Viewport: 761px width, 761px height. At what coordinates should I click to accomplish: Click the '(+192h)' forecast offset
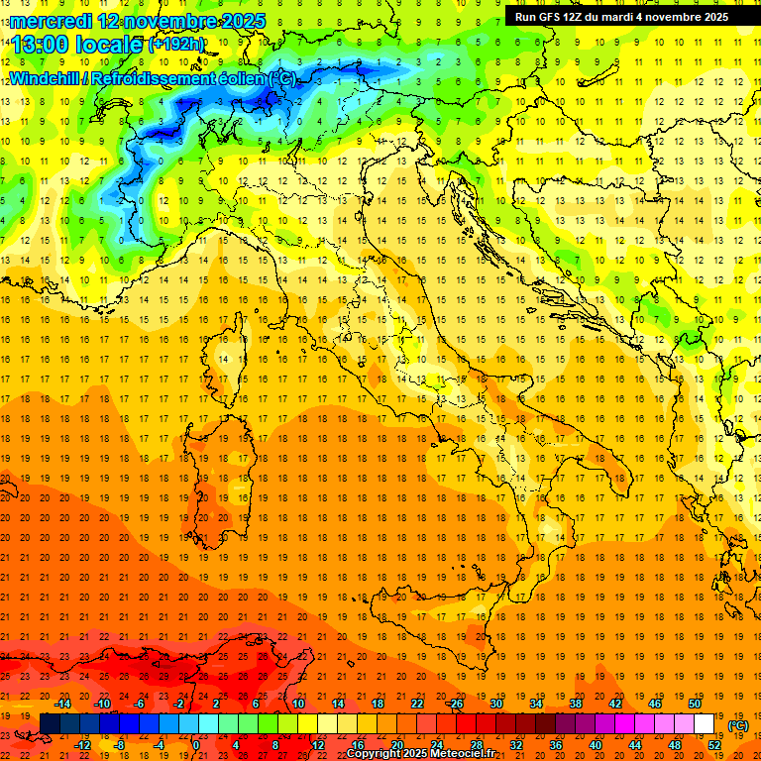coord(175,44)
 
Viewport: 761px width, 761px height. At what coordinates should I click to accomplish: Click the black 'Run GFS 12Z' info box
coord(620,16)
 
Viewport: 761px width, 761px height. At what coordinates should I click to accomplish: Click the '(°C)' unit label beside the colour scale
coord(738,725)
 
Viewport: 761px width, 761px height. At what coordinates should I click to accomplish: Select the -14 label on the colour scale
coord(63,703)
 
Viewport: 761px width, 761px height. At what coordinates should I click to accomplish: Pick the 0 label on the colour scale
coord(195,745)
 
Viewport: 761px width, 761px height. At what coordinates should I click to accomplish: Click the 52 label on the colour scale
coord(713,745)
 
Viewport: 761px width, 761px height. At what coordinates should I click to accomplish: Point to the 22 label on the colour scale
coord(417,703)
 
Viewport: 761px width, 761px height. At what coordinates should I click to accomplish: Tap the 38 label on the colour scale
coord(575,703)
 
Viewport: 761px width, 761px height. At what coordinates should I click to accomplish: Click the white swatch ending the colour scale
coord(704,723)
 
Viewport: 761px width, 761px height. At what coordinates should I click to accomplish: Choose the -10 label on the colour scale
coord(102,703)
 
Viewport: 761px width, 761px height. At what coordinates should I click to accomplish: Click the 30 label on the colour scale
coord(496,703)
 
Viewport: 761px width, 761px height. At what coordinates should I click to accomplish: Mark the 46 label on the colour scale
coord(654,703)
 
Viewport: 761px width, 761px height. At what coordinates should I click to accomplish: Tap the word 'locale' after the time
coord(107,44)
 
